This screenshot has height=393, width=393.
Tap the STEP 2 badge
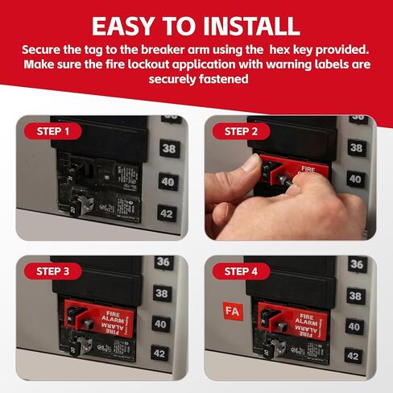[241, 131]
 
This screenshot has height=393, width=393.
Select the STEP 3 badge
[52, 271]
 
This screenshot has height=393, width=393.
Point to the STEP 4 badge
[241, 271]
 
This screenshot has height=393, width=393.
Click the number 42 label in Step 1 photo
[167, 213]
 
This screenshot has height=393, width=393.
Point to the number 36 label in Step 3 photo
[164, 263]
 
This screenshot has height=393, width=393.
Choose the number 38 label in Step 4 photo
[354, 295]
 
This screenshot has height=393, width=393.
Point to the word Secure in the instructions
[47, 50]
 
